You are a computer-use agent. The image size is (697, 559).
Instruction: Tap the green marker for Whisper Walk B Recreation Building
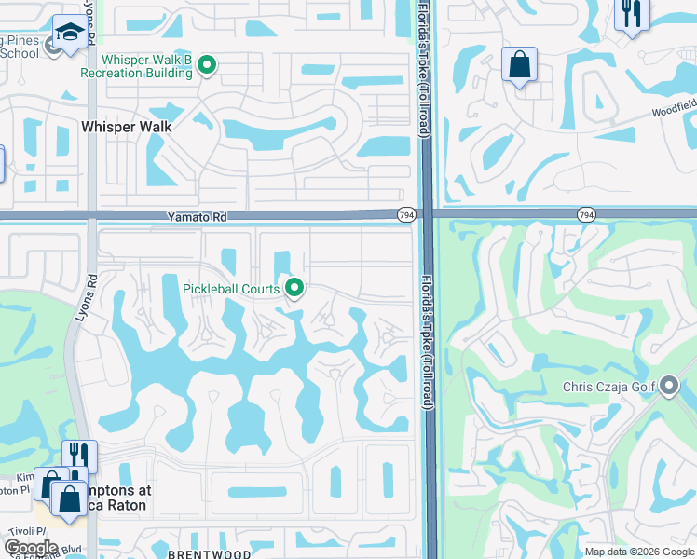(208, 65)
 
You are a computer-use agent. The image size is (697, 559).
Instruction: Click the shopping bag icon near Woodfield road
(519, 65)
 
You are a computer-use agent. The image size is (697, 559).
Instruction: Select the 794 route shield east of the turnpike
(585, 215)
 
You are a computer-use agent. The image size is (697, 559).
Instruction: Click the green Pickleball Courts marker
(294, 288)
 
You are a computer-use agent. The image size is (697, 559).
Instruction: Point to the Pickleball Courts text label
(230, 289)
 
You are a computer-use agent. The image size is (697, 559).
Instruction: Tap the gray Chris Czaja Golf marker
(669, 387)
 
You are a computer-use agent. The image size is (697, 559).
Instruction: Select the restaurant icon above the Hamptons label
(79, 456)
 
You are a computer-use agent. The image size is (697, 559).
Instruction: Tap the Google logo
(31, 548)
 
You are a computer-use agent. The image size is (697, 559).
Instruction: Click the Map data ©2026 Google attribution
(638, 552)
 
